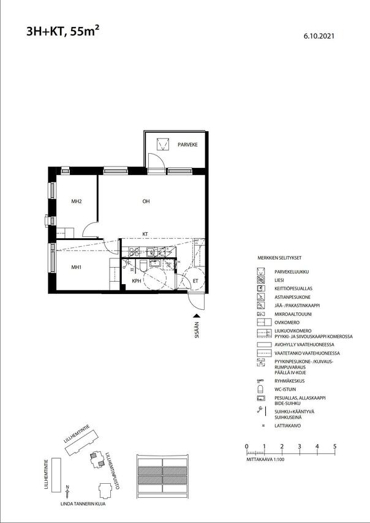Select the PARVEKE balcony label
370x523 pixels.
[x=187, y=145]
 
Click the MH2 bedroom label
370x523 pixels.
[x=77, y=201]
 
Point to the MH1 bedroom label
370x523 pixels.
[x=77, y=267]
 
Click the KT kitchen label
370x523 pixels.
[x=146, y=234]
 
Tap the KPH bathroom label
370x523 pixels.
[x=137, y=281]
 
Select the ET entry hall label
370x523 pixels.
[x=196, y=281]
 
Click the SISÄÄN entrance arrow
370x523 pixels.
[x=197, y=316]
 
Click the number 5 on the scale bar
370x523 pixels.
[x=334, y=446]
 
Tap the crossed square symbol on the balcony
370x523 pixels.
[x=162, y=144]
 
